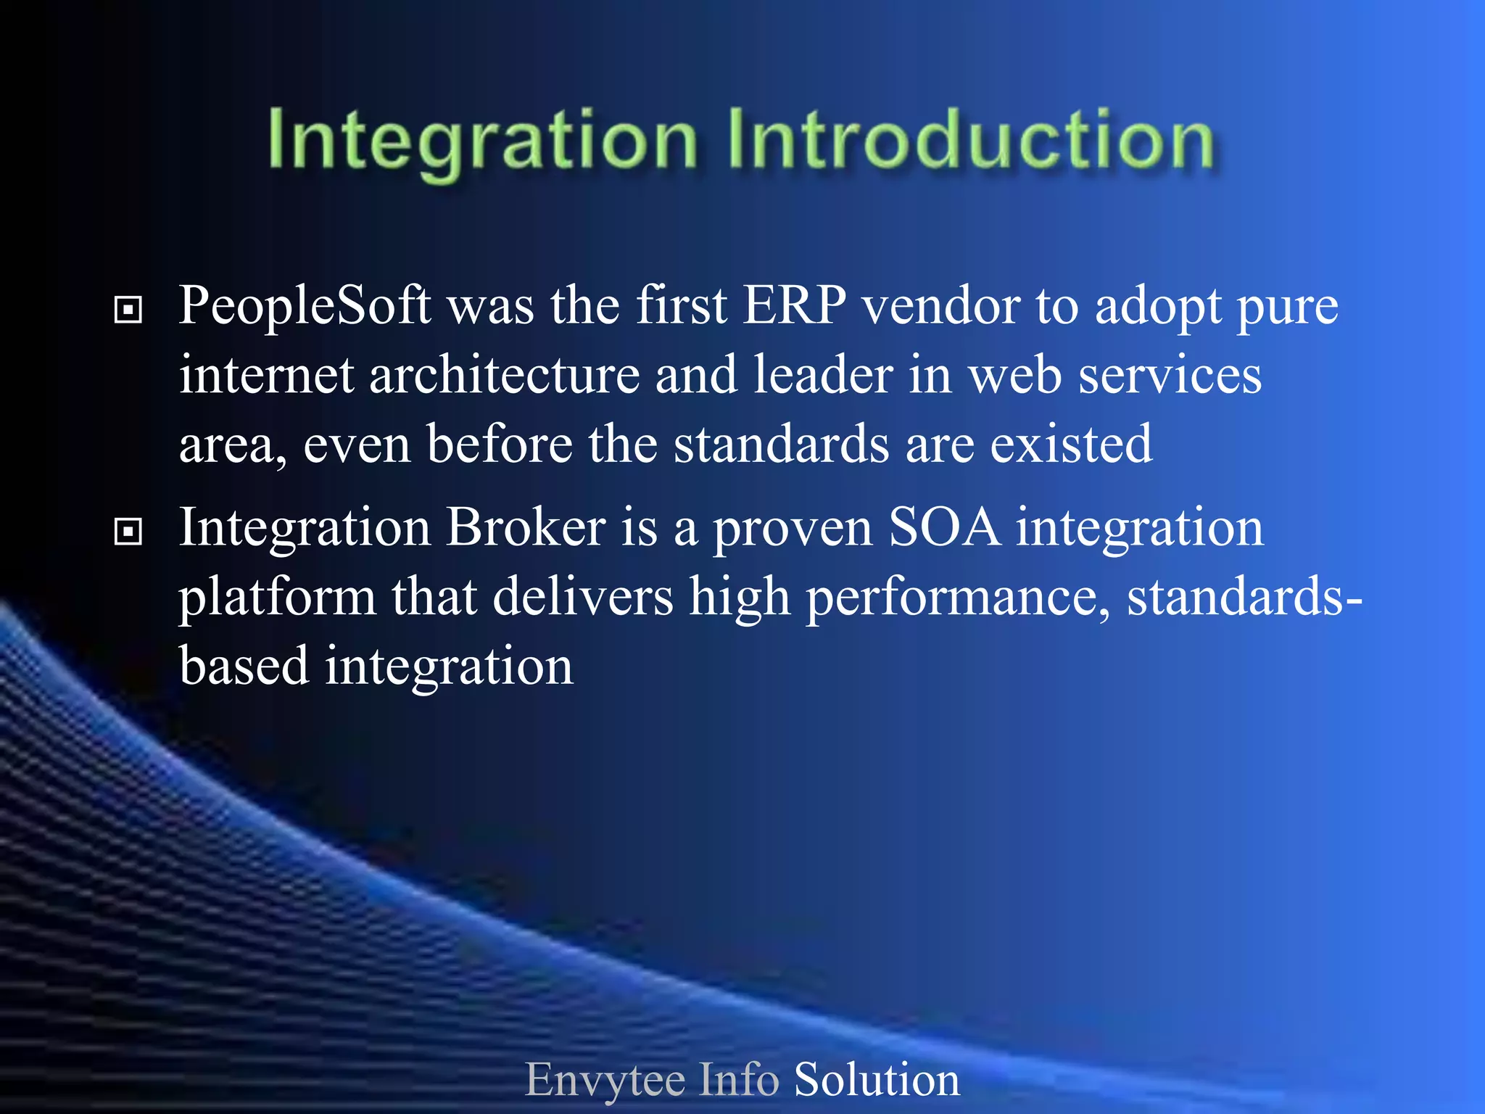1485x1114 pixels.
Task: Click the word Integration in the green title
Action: [482, 140]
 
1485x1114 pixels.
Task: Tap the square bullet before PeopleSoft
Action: [128, 310]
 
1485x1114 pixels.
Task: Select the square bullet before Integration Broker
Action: [128, 532]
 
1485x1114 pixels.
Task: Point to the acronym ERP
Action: [795, 305]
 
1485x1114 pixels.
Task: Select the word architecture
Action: [505, 376]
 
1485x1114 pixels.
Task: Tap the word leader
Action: [823, 376]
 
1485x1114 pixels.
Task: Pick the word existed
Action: [1071, 444]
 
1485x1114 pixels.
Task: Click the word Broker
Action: [526, 527]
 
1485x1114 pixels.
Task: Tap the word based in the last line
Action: [244, 666]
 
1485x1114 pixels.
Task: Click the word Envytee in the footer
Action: [605, 1080]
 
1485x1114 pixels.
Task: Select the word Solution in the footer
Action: [877, 1080]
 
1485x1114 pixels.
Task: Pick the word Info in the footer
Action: [739, 1080]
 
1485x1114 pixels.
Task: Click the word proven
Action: [793, 529]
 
